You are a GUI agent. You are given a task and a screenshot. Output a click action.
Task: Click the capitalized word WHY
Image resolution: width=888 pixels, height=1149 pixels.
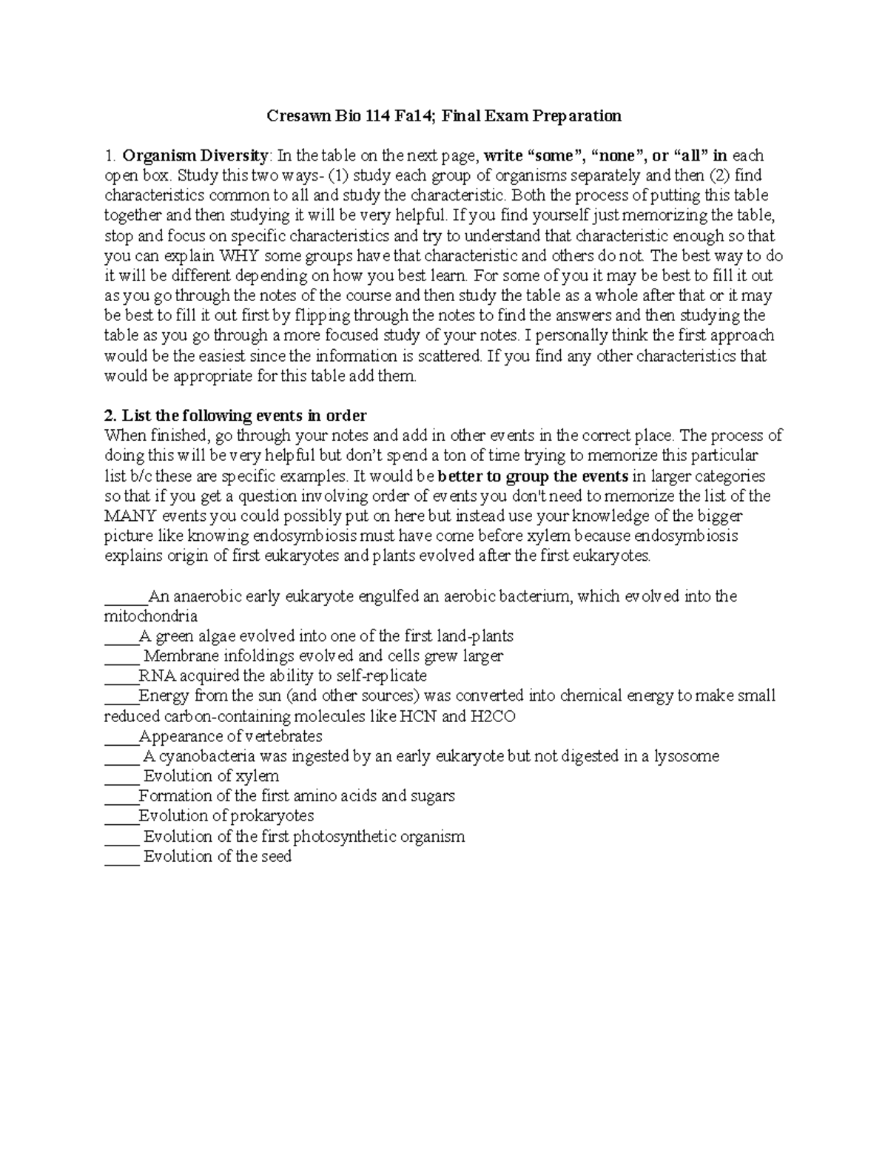(239, 256)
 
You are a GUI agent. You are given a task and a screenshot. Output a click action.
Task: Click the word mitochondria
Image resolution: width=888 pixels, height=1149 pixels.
(151, 616)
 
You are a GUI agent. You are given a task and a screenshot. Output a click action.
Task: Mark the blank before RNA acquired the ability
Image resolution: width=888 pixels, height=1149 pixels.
(121, 677)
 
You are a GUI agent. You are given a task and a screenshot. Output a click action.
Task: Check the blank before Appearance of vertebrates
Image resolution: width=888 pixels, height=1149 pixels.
(121, 738)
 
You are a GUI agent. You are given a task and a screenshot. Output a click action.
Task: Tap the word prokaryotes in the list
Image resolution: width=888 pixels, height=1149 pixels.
(273, 816)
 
